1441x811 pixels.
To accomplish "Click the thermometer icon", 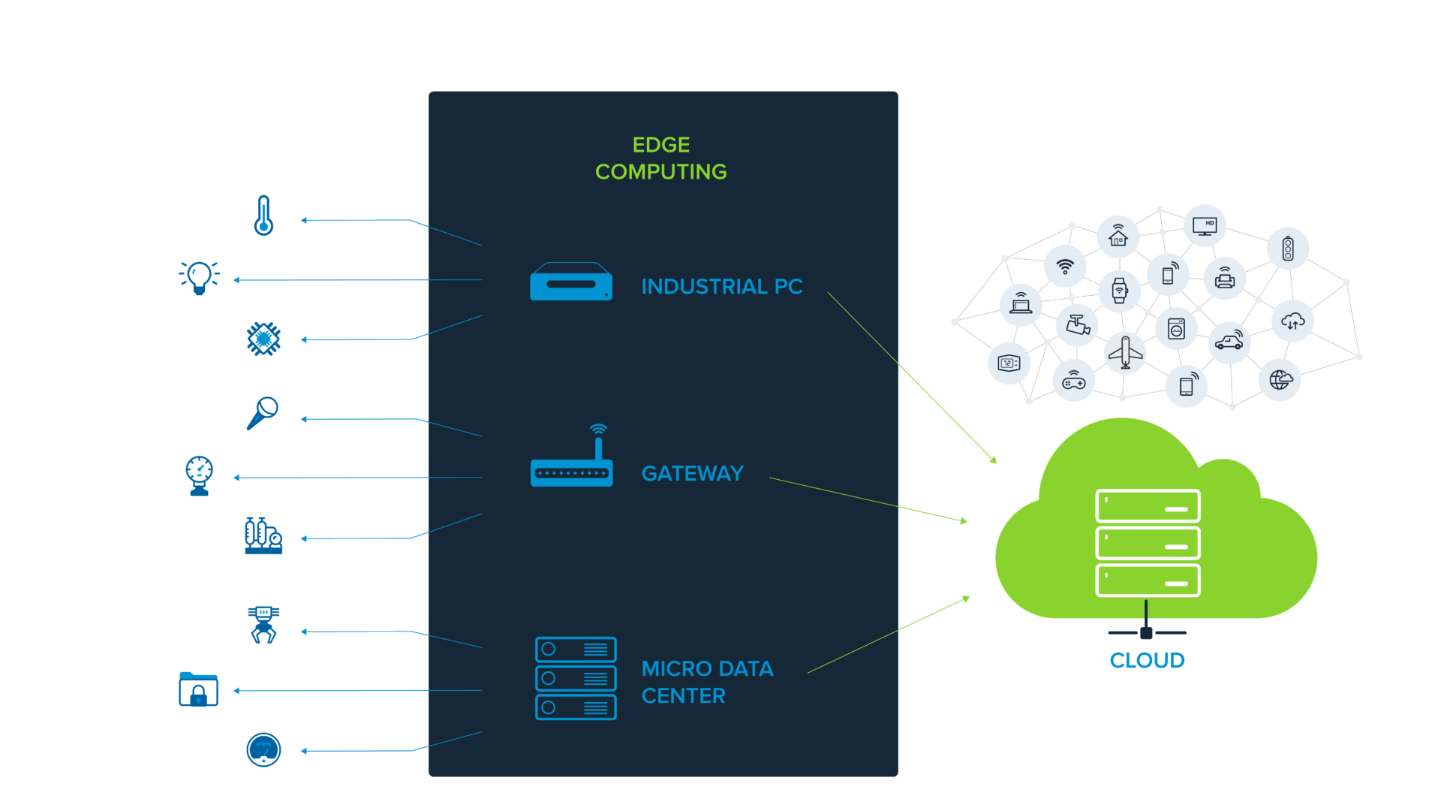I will pyautogui.click(x=263, y=216).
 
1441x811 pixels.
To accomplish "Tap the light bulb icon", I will pyautogui.click(x=199, y=277).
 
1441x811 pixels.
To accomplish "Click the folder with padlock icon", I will pyautogui.click(x=198, y=689).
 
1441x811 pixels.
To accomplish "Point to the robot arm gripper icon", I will pyautogui.click(x=263, y=626).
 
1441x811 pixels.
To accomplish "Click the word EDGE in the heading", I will pyautogui.click(x=660, y=145).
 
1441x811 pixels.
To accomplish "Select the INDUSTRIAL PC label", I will pyautogui.click(x=721, y=287).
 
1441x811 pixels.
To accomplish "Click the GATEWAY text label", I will pyautogui.click(x=692, y=474).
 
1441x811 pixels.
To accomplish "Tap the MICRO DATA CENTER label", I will pyautogui.click(x=706, y=682).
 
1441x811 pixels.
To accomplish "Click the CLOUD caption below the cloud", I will pyautogui.click(x=1147, y=661).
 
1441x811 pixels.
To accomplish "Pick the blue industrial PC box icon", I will pyautogui.click(x=571, y=282).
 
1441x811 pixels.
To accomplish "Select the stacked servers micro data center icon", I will pyautogui.click(x=576, y=679).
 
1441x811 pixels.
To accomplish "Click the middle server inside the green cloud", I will pyautogui.click(x=1148, y=543).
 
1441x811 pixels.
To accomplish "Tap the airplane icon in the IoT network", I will pyautogui.click(x=1125, y=351).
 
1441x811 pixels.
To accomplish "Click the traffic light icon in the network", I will pyautogui.click(x=1288, y=249).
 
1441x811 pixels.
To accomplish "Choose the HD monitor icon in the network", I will pyautogui.click(x=1205, y=225).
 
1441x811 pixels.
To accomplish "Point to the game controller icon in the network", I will pyautogui.click(x=1074, y=381).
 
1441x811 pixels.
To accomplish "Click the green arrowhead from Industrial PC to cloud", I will pyautogui.click(x=993, y=460).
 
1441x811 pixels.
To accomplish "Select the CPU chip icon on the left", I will pyautogui.click(x=263, y=339).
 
